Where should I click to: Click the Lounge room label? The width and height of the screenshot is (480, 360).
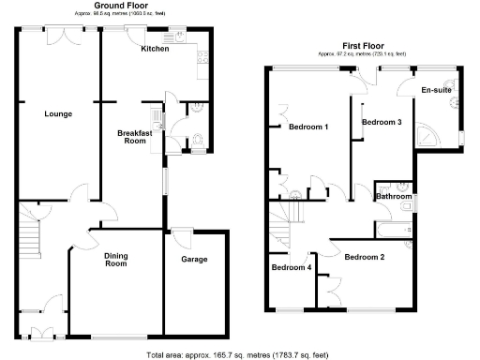[57, 114]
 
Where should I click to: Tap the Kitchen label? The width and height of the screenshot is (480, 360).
[155, 49]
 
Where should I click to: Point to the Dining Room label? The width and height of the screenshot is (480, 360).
[115, 260]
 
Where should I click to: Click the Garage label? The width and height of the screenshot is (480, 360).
[193, 259]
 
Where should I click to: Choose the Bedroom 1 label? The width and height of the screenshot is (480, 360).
[308, 127]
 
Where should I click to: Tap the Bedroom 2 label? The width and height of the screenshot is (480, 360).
[364, 257]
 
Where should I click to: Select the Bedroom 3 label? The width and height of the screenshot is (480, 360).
[382, 123]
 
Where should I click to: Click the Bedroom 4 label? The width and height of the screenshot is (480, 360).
[291, 267]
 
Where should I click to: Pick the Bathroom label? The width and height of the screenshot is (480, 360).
[394, 197]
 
